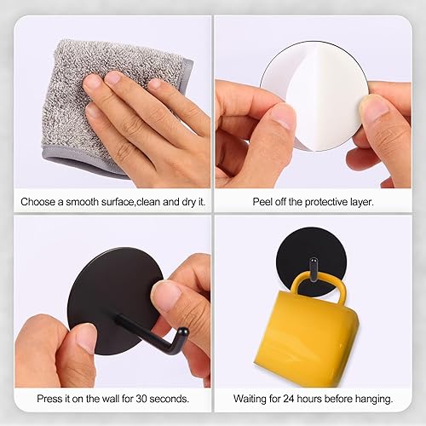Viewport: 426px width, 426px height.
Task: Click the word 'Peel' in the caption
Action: click(262, 203)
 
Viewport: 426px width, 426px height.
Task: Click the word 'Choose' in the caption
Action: click(40, 203)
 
